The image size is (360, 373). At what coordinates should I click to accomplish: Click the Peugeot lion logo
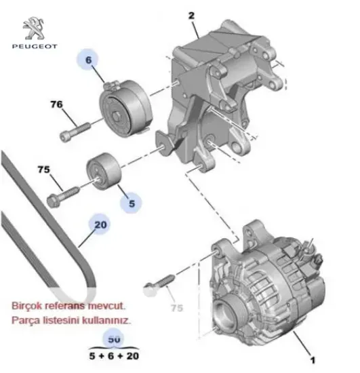pos(34,30)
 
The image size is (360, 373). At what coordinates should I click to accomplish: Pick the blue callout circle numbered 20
pos(100,224)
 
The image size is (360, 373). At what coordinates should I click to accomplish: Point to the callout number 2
pos(192,15)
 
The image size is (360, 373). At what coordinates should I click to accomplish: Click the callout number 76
pos(56,104)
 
